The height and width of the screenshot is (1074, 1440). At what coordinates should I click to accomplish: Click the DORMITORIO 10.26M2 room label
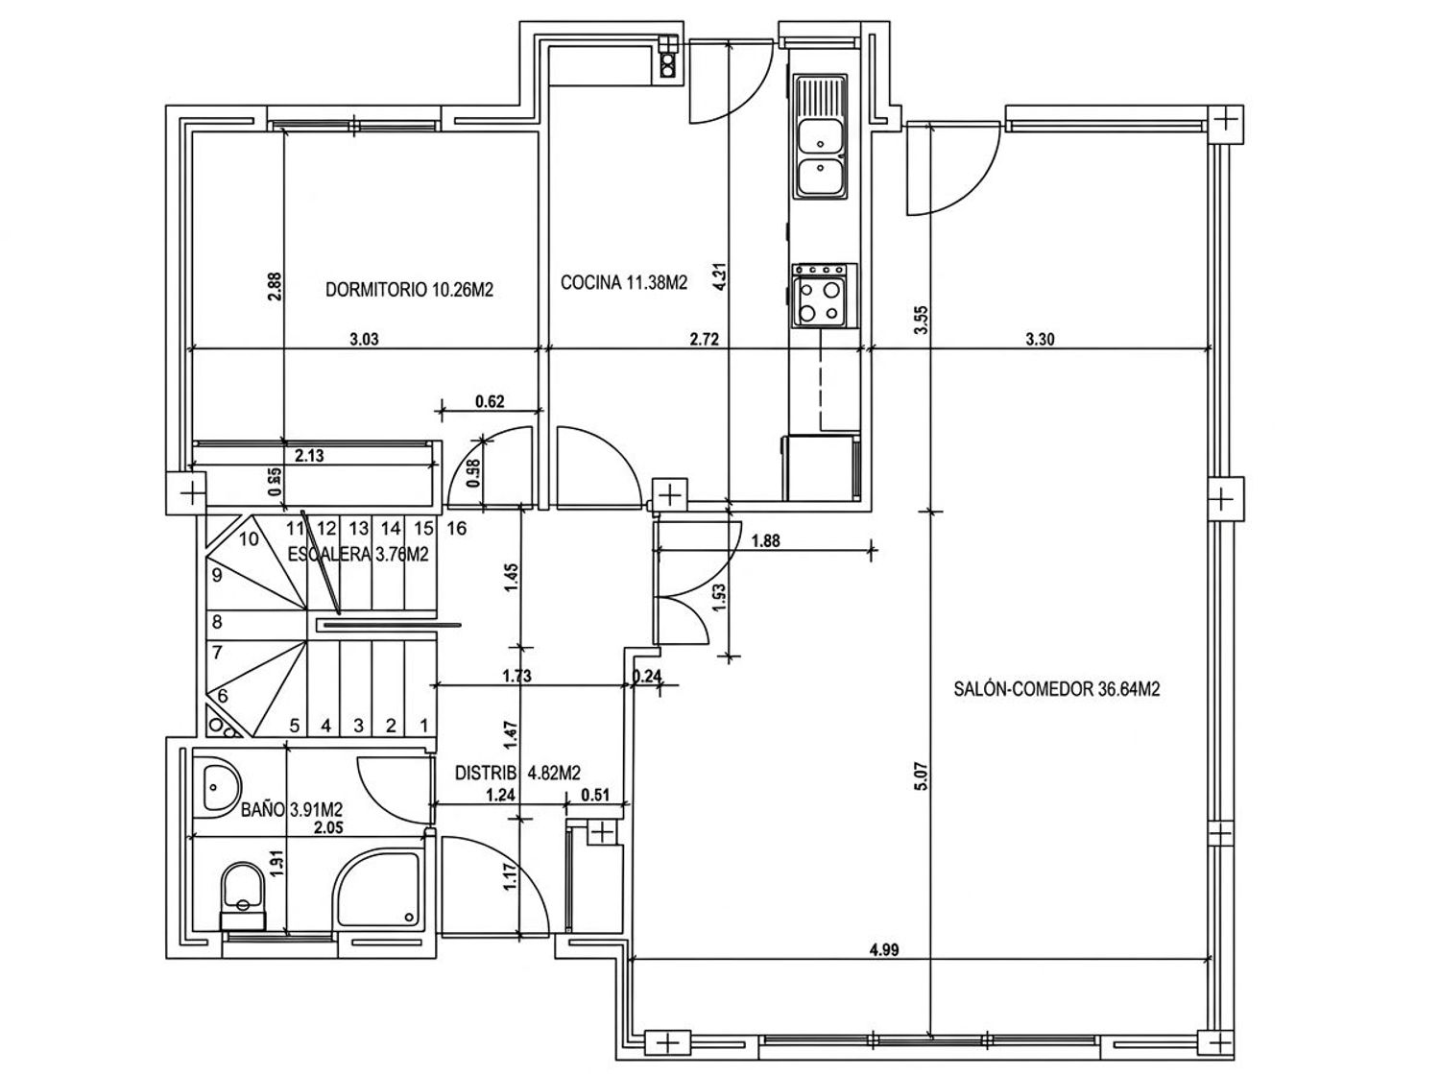[x=409, y=289]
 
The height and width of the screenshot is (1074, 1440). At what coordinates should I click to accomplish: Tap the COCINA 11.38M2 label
[x=624, y=282]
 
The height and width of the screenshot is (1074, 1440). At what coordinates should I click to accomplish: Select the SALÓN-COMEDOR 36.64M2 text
[x=1057, y=689]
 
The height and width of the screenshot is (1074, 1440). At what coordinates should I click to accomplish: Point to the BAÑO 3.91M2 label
[x=291, y=810]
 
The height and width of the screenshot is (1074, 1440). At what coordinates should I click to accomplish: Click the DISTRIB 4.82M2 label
[x=517, y=773]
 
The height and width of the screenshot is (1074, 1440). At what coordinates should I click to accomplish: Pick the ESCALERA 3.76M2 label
[x=358, y=554]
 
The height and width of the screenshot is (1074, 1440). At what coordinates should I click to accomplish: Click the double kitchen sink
[x=820, y=137]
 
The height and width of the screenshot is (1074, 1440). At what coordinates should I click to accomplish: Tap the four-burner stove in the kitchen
[x=824, y=296]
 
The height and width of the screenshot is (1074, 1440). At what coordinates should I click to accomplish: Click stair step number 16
[x=457, y=528]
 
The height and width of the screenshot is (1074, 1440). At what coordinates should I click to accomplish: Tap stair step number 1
[x=423, y=726]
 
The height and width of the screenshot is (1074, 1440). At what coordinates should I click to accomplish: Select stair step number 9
[x=217, y=575]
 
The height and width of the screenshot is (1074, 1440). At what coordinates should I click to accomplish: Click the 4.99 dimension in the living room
[x=884, y=949]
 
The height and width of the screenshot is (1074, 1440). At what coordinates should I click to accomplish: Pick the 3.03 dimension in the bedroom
[x=364, y=339]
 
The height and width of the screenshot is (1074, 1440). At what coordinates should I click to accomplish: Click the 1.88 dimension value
[x=765, y=541]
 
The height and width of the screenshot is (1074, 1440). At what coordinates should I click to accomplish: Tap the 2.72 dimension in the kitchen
[x=705, y=339]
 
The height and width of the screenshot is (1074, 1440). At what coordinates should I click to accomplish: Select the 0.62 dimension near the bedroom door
[x=490, y=400]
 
